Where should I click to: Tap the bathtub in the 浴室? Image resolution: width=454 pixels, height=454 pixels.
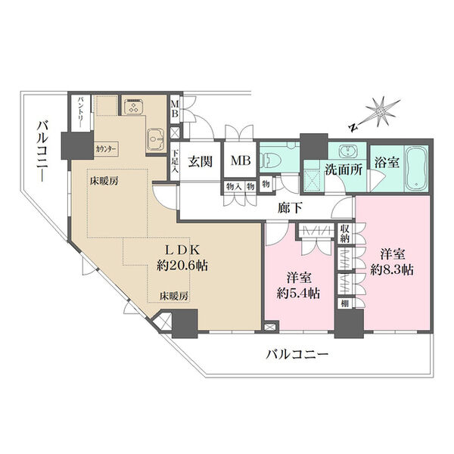(415, 168)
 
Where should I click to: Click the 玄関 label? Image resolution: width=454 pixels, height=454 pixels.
(201, 161)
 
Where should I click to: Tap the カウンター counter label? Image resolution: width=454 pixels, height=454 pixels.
(106, 148)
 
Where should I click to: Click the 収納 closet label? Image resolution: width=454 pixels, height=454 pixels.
(345, 234)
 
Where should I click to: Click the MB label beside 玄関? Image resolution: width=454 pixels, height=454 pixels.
(241, 160)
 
